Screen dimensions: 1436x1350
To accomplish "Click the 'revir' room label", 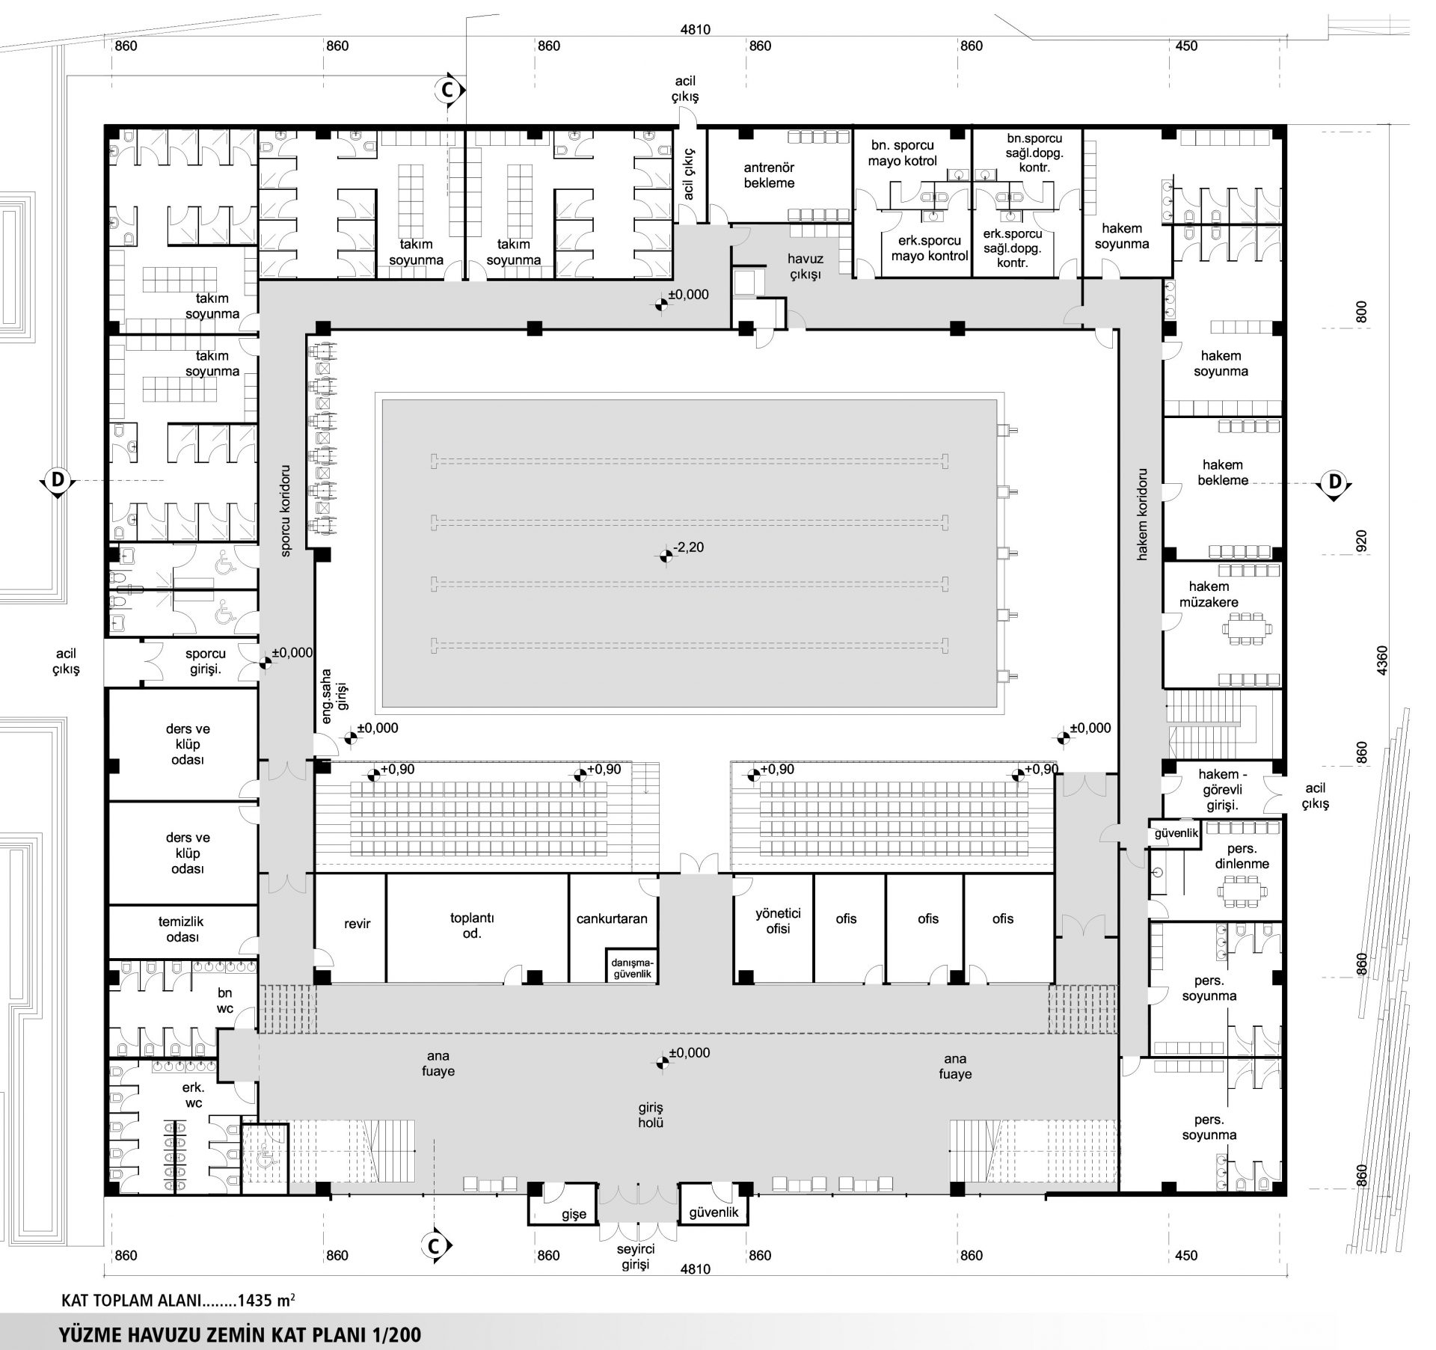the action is click(x=358, y=924).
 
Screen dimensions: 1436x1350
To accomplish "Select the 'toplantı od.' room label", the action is click(x=472, y=925).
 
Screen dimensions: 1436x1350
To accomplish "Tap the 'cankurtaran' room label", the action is click(x=612, y=918).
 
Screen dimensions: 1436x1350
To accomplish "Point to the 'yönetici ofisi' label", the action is click(x=778, y=921).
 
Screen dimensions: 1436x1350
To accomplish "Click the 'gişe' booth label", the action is click(x=574, y=1214).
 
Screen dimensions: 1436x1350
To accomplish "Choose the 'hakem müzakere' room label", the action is click(x=1209, y=594).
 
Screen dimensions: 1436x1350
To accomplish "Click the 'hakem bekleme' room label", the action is click(x=1223, y=472).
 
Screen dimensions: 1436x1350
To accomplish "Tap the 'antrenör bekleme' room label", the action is click(x=769, y=175).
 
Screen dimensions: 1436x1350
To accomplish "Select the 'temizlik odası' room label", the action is click(x=181, y=930).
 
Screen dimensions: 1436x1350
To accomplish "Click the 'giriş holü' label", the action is click(x=651, y=1114).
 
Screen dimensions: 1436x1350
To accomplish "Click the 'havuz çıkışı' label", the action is click(x=805, y=266).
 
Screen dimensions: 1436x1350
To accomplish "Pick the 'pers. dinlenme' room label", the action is click(x=1242, y=856).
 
